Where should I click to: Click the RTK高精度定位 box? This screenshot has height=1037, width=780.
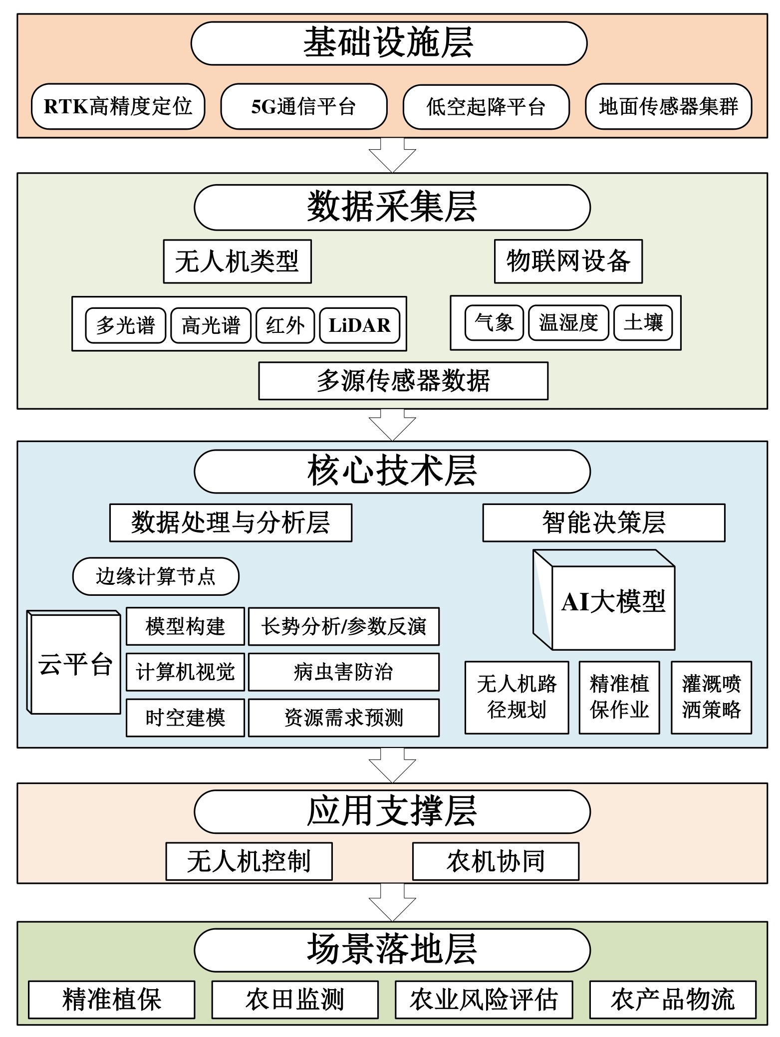tap(118, 106)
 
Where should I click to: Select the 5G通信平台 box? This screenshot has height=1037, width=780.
tap(303, 106)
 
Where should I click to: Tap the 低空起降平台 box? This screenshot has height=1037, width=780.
tap(486, 106)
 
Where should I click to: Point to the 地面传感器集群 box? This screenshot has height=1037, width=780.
tap(668, 106)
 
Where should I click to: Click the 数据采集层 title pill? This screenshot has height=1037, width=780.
tap(392, 207)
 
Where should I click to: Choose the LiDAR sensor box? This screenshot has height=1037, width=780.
tap(359, 325)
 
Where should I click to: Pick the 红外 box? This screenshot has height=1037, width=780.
tap(285, 325)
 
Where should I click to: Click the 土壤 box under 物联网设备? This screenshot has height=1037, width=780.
tap(643, 322)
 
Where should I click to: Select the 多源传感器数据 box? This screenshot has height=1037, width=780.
tap(403, 381)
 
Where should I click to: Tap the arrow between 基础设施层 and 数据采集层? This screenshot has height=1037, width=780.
tap(392, 155)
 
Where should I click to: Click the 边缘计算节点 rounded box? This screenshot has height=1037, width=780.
tap(156, 576)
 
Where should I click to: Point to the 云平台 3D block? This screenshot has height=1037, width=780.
tap(75, 663)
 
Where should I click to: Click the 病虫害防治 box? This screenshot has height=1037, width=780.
tap(343, 672)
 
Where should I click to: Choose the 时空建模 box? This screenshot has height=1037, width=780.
tap(185, 718)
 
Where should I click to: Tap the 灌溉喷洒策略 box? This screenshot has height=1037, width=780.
tap(711, 697)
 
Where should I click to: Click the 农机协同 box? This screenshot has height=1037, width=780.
tap(496, 861)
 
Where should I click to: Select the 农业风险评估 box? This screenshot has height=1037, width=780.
tap(484, 1000)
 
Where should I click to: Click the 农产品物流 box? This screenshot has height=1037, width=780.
tap(673, 1000)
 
